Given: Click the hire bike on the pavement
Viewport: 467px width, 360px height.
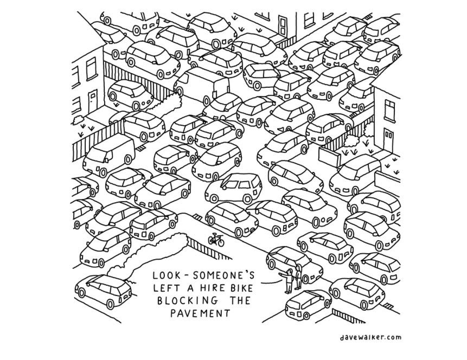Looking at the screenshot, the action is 216,239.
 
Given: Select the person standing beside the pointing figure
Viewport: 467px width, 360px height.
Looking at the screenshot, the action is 298,277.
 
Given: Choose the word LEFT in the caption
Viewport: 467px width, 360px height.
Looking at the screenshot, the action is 167,288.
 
